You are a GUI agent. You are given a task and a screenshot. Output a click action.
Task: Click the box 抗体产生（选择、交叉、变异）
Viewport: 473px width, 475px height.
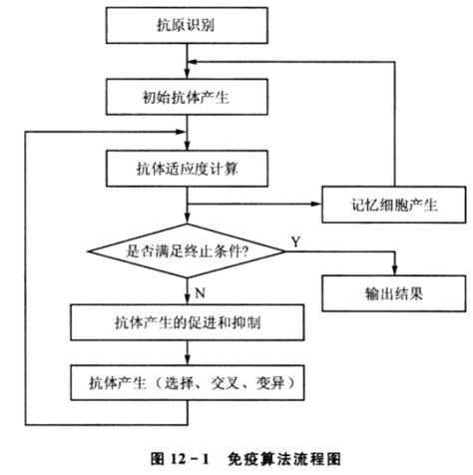point(188,382)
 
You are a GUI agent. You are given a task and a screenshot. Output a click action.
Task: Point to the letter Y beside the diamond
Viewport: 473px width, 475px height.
point(295,241)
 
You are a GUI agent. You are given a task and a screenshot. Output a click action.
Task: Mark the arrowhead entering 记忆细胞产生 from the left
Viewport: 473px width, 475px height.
point(317,206)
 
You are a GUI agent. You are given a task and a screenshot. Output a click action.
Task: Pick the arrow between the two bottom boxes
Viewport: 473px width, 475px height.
point(188,353)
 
